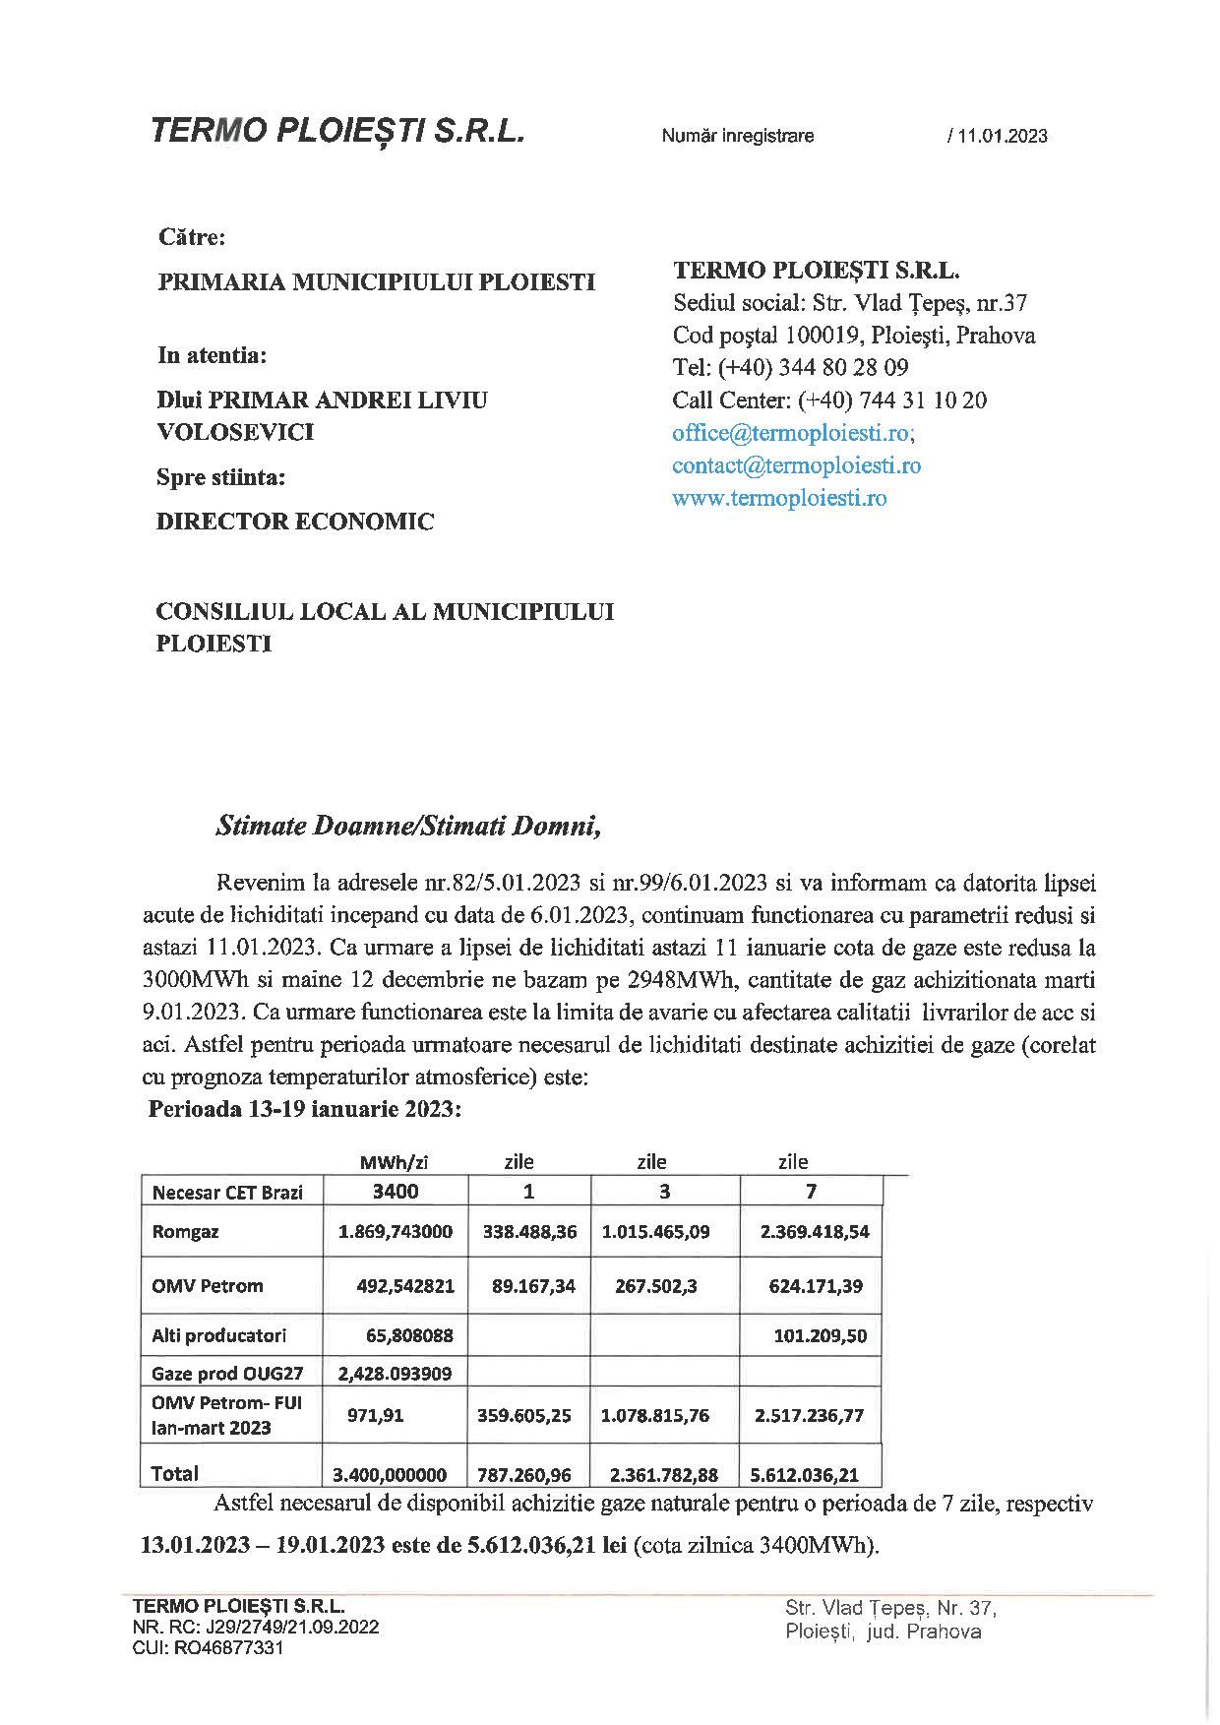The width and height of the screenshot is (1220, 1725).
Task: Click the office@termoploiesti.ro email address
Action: [x=793, y=433]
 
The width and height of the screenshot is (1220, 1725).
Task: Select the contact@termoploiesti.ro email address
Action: [x=796, y=465]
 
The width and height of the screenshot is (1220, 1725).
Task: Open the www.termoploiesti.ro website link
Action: [x=779, y=498]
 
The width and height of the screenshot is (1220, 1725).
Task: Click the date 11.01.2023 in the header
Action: [x=1000, y=137]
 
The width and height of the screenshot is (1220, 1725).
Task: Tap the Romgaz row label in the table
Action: [x=186, y=1232]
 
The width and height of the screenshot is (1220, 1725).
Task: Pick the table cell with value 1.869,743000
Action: [x=396, y=1232]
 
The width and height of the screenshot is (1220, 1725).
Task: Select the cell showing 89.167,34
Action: [x=528, y=1285]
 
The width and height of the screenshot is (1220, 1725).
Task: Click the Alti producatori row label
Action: [x=219, y=1335]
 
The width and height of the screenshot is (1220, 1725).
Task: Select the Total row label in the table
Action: [x=175, y=1473]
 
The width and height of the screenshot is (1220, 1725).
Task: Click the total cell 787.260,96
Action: [x=528, y=1475]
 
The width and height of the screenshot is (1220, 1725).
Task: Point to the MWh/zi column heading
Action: [x=395, y=1162]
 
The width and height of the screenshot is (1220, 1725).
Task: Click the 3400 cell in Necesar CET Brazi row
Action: [x=396, y=1192]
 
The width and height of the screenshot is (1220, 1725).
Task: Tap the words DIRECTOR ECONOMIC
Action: [x=295, y=522]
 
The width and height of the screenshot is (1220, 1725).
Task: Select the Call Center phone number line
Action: [x=829, y=400]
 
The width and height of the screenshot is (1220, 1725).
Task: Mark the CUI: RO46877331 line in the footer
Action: [x=208, y=1648]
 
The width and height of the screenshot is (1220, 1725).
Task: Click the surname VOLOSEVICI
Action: [x=236, y=432]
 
